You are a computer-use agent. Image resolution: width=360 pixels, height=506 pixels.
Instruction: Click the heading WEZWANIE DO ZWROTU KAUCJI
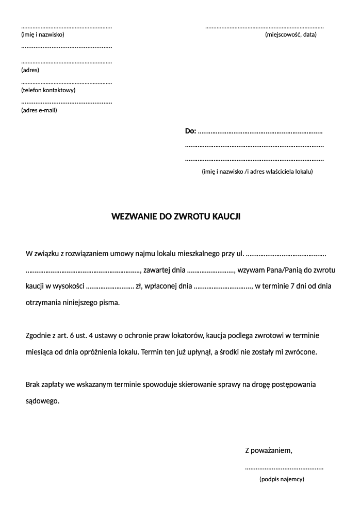point(176,217)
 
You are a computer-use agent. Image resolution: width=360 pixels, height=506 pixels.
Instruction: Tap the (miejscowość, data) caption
point(290,35)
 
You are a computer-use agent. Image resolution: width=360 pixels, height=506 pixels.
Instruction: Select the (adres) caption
point(30,70)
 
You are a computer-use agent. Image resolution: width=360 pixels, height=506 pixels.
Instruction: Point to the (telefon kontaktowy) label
point(48,90)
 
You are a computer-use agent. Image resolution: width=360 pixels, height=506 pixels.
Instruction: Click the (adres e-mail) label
point(39,110)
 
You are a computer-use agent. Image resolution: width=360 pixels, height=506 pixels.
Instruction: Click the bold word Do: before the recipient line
point(190,131)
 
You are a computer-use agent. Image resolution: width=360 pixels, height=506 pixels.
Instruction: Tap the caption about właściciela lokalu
point(257,172)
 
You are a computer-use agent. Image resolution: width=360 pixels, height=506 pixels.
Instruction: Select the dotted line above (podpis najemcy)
point(284,468)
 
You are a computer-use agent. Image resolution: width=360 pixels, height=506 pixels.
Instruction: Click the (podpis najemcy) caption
point(282,479)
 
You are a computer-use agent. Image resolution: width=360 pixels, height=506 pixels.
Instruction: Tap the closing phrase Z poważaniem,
point(268,451)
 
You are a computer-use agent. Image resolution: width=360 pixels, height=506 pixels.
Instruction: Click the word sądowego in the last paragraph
point(42,400)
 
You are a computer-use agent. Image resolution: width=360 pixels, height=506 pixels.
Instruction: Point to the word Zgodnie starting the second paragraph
point(39,335)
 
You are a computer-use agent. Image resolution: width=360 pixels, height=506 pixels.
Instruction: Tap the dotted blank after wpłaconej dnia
point(222,286)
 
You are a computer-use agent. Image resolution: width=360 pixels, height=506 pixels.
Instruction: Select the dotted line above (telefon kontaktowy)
point(66,83)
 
